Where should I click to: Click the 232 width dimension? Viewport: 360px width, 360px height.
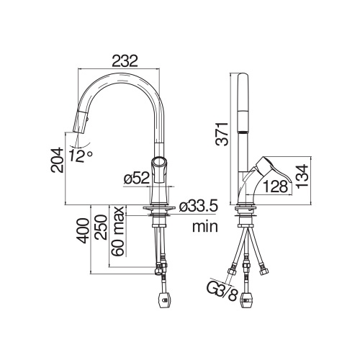click(x=125, y=60)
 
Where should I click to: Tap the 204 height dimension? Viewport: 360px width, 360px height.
click(x=57, y=160)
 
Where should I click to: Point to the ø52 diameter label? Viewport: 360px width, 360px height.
click(x=137, y=179)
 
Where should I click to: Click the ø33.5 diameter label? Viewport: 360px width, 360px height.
click(x=199, y=206)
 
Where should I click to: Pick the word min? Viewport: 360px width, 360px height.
click(x=205, y=226)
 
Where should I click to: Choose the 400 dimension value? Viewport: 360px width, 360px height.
click(x=83, y=230)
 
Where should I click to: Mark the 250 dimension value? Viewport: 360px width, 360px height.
click(x=101, y=227)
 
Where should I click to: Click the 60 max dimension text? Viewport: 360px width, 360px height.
click(x=118, y=231)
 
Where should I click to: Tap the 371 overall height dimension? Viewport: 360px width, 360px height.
click(x=222, y=134)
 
